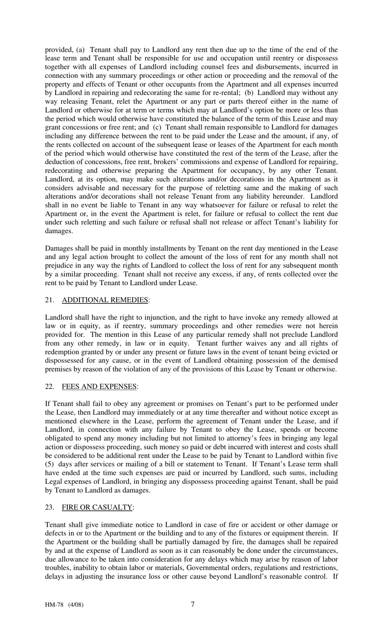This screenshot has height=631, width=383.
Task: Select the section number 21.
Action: point(49,300)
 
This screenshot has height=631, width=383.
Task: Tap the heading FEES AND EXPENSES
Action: point(99,386)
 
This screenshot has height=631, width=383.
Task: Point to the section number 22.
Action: point(49,386)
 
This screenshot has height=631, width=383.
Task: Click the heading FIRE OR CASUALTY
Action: point(97,507)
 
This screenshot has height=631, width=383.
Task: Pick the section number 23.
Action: point(49,507)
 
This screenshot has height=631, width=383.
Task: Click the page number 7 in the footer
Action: point(193,604)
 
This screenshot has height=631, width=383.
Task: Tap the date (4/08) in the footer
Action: point(76,605)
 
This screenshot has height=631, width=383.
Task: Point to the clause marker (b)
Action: point(250,93)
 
